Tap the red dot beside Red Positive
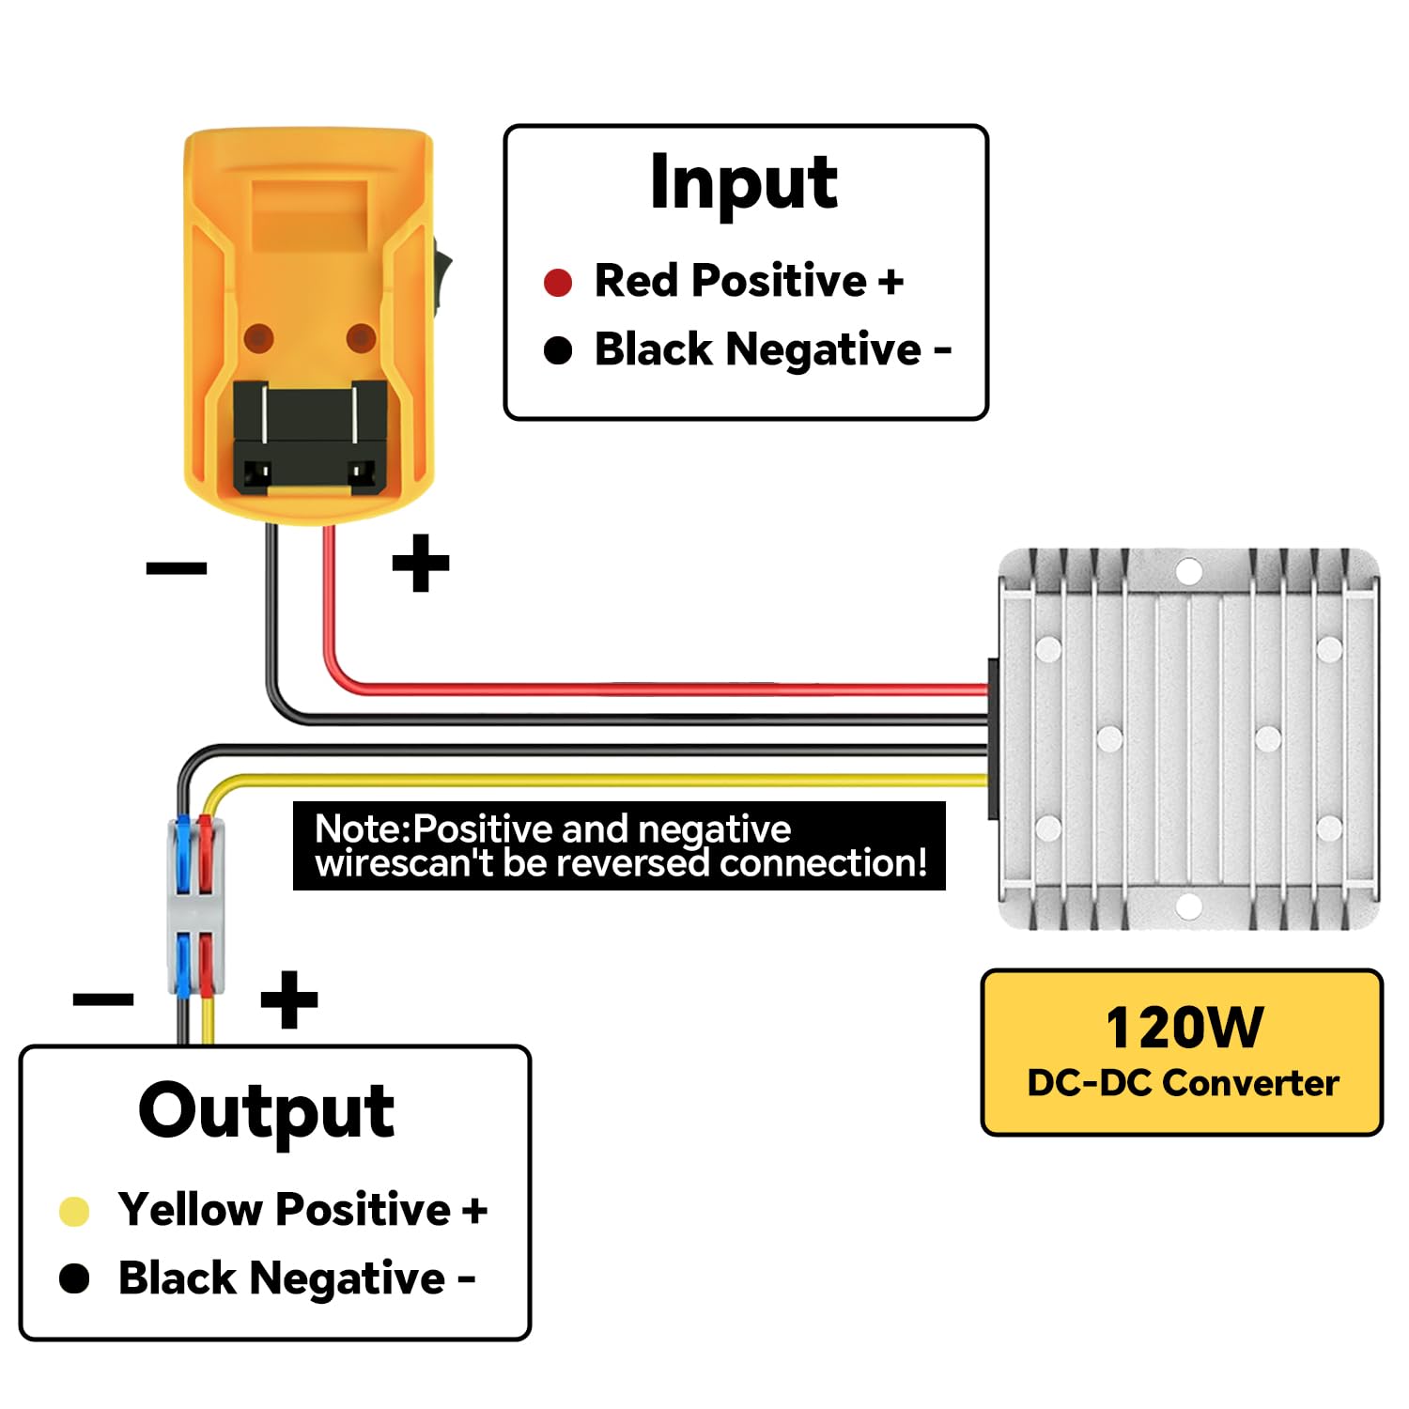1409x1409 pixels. pyautogui.click(x=558, y=282)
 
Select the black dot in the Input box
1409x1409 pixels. pyautogui.click(x=558, y=350)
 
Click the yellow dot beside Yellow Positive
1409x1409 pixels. pyautogui.click(x=74, y=1211)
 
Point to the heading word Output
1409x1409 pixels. pyautogui.click(x=266, y=1111)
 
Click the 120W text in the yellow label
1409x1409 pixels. pyautogui.click(x=1184, y=1027)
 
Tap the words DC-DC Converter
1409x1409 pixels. pyautogui.click(x=1183, y=1083)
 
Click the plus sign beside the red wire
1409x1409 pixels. pyautogui.click(x=420, y=563)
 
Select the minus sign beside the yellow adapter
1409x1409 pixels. pyautogui.click(x=177, y=566)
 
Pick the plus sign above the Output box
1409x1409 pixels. pyautogui.click(x=288, y=999)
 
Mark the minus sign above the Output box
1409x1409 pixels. pyautogui.click(x=103, y=999)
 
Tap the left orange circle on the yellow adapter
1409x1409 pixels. pyautogui.click(x=258, y=338)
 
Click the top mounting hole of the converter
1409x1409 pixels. pyautogui.click(x=1189, y=570)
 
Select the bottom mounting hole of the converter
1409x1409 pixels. pyautogui.click(x=1189, y=906)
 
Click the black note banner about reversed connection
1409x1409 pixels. pyautogui.click(x=619, y=845)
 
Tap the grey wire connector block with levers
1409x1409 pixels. pyautogui.click(x=195, y=906)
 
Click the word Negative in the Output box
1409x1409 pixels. pyautogui.click(x=347, y=1278)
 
